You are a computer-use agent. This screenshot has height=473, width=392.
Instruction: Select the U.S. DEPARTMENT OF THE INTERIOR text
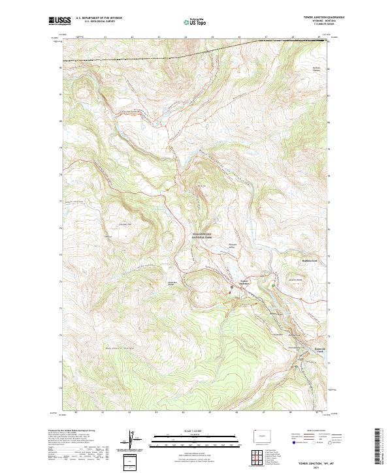[99, 18]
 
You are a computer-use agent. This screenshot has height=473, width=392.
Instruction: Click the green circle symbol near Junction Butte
[272, 284]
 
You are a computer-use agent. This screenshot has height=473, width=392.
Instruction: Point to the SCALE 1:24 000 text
[195, 431]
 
